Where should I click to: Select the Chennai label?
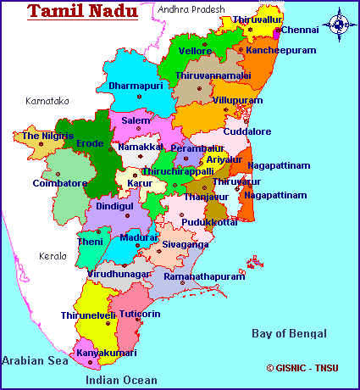pos(307,30)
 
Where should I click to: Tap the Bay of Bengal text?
pos(290,334)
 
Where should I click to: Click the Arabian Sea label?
pos(35,360)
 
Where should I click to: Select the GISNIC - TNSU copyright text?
pos(302,369)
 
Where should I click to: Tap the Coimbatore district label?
pos(60,182)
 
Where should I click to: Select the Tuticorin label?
pos(141,313)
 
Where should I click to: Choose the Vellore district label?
pos(195,51)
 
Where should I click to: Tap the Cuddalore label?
pos(247,131)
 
